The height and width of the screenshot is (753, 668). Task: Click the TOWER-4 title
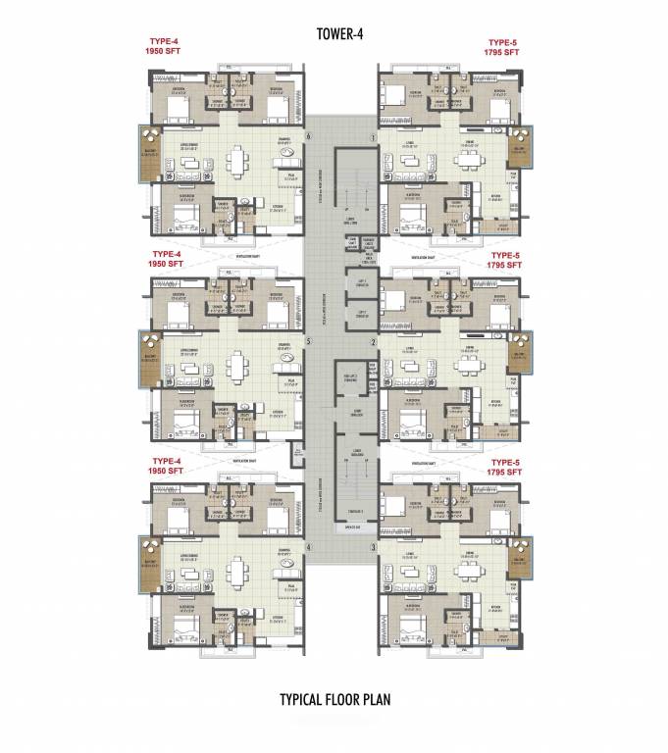pyautogui.click(x=334, y=34)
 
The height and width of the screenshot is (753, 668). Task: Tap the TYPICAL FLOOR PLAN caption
pyautogui.click(x=334, y=700)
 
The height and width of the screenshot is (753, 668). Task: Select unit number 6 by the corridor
pyautogui.click(x=308, y=136)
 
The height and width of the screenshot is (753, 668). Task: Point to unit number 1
pyautogui.click(x=373, y=137)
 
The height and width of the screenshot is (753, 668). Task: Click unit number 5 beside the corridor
pyautogui.click(x=308, y=342)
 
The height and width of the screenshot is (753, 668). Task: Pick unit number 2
pyautogui.click(x=373, y=342)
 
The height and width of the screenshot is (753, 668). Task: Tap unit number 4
pyautogui.click(x=308, y=547)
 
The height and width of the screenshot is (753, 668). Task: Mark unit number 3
pyautogui.click(x=373, y=547)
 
